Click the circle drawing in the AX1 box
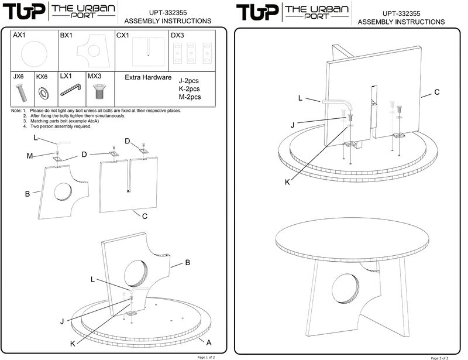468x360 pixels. tap(33, 55)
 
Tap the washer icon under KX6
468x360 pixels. tap(43, 92)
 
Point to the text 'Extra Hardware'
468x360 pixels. tap(148, 77)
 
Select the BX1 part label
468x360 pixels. tap(66, 36)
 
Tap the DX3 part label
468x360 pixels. tap(177, 36)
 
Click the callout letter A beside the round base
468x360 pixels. tap(209, 341)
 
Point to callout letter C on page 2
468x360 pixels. tap(436, 92)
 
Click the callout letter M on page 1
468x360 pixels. tap(29, 156)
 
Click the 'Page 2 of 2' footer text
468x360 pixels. tap(443, 357)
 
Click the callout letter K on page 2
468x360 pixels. tap(287, 182)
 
